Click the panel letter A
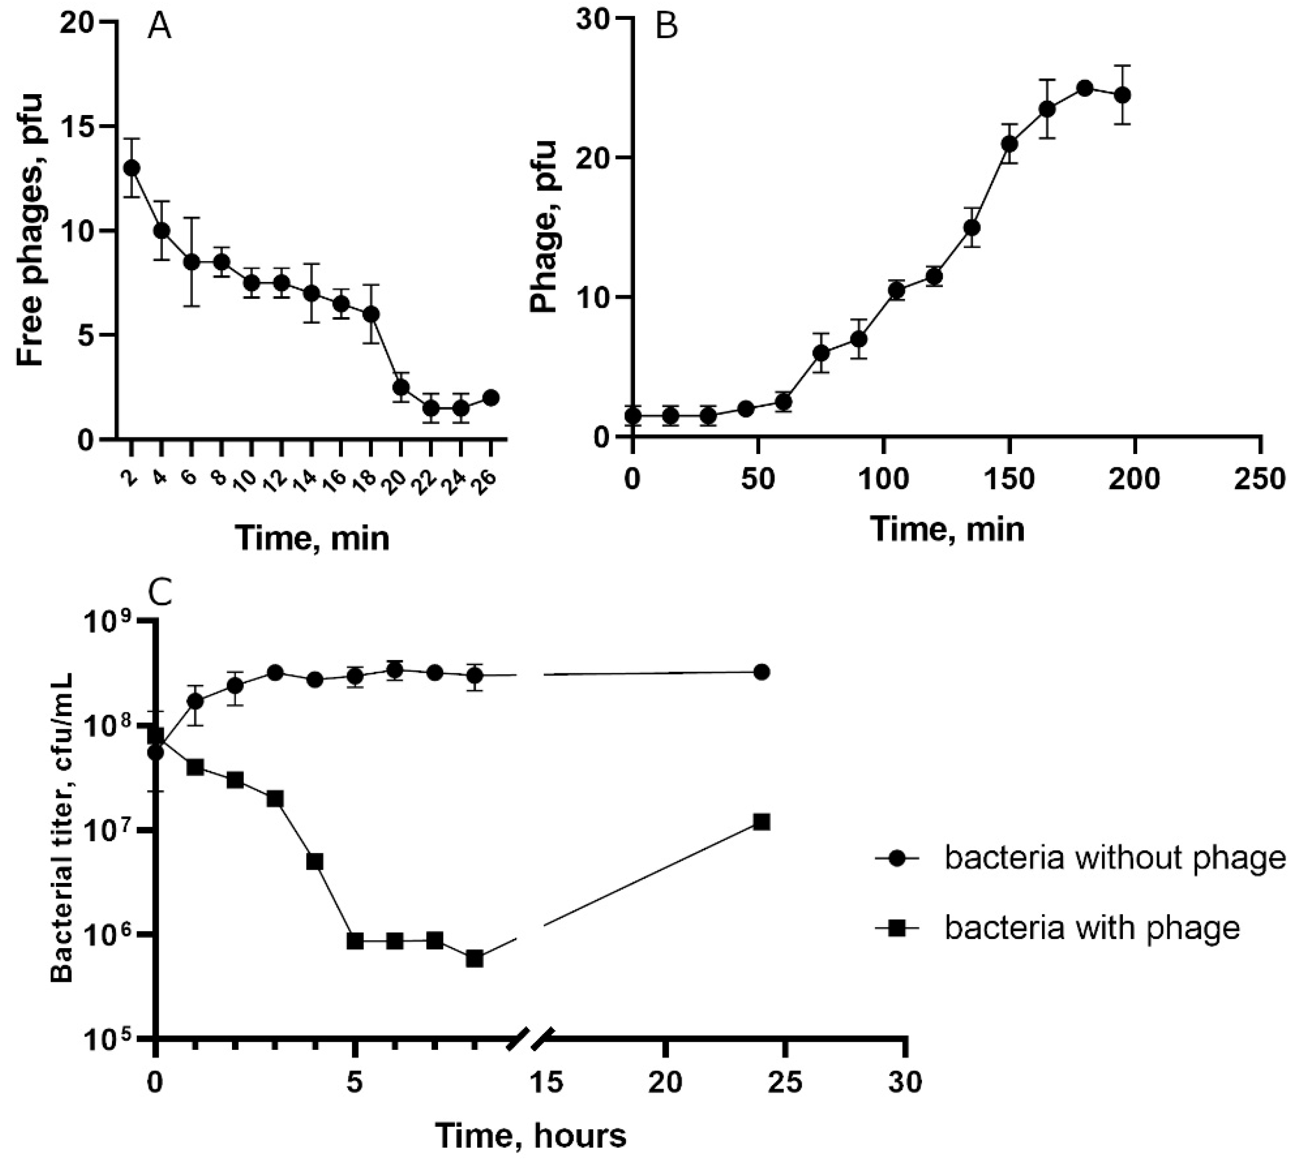159,27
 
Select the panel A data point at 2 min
132,167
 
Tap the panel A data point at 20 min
401,387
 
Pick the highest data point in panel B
1085,89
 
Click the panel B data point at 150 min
1009,143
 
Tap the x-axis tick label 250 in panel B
1261,480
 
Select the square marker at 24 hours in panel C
761,822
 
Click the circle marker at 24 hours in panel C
761,672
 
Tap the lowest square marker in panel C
474,959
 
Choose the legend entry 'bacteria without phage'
1114,858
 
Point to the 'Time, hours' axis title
531,1135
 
